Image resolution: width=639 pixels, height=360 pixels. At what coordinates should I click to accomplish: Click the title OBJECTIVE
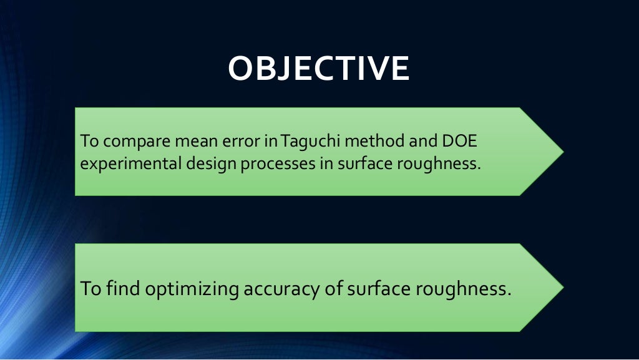(x=318, y=69)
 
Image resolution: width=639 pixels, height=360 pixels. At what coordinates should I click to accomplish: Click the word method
(x=373, y=142)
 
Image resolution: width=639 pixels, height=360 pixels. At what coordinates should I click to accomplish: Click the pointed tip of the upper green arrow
(x=563, y=152)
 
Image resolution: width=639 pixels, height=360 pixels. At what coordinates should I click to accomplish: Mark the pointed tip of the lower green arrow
(x=563, y=287)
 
